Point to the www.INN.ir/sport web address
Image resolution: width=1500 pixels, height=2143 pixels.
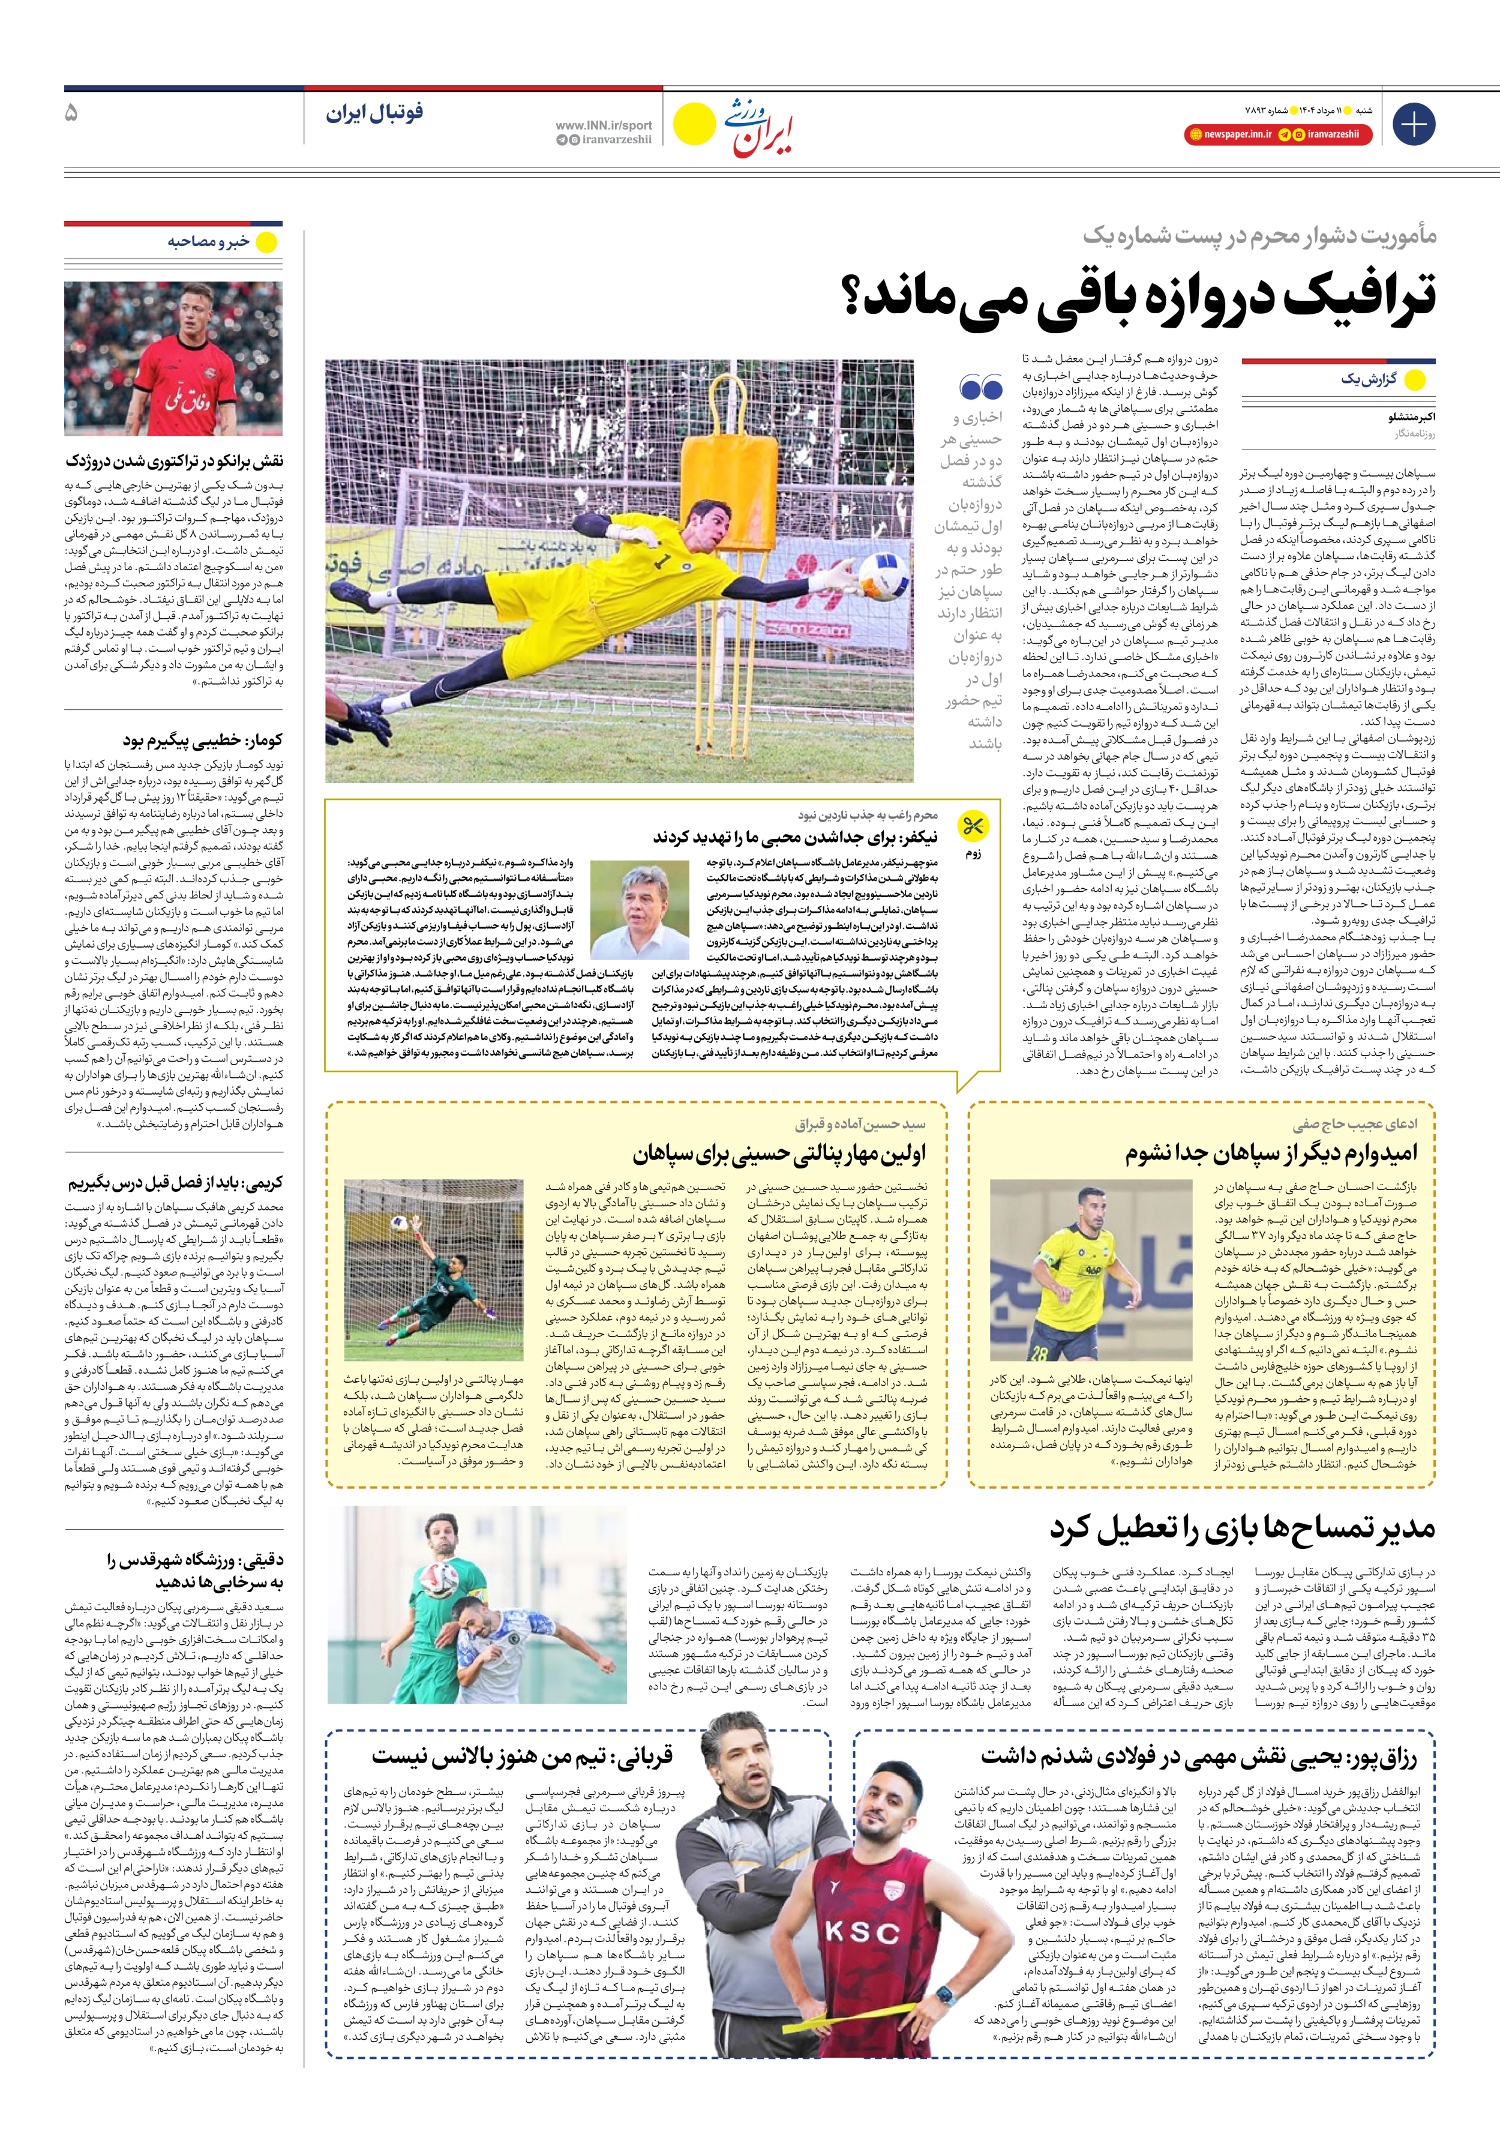point(603,125)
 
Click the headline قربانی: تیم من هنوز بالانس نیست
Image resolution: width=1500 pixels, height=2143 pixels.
point(522,1757)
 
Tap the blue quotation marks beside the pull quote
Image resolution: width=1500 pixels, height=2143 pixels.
point(980,386)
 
